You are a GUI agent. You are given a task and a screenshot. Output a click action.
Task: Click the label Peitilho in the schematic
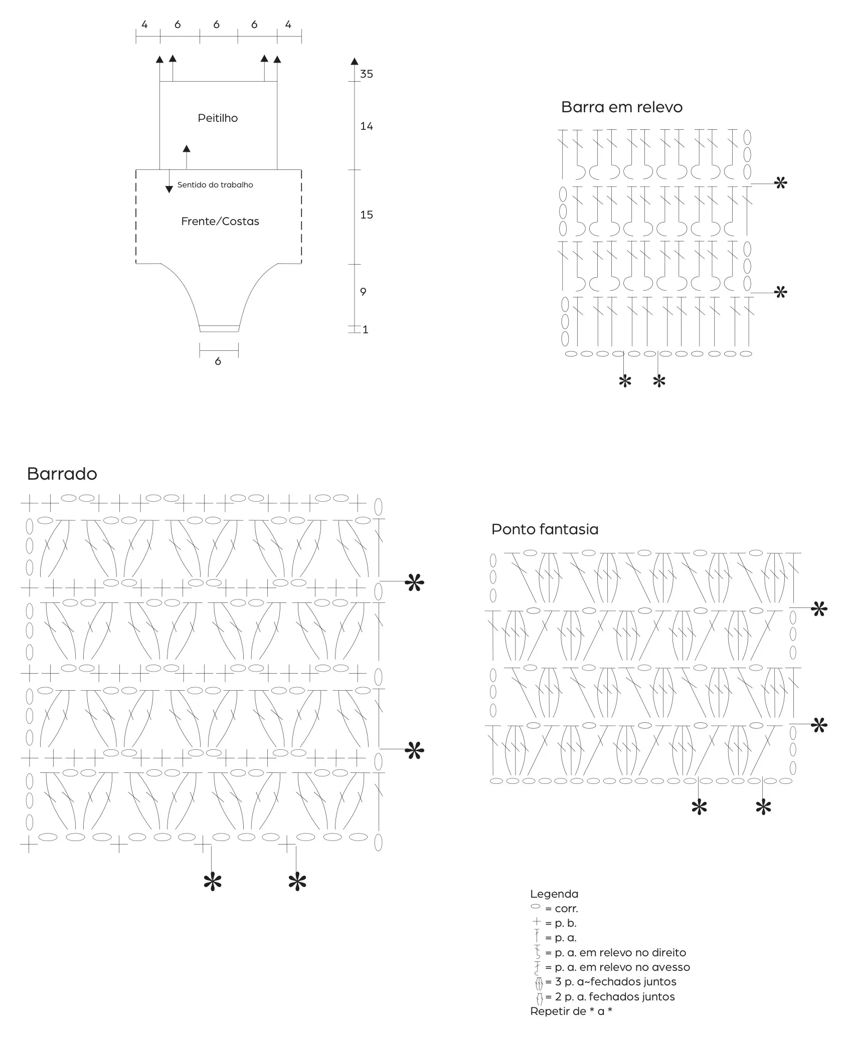pos(218,118)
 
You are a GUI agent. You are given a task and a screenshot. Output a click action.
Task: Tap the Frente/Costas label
pos(220,222)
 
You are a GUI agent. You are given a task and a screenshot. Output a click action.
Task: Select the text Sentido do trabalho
pos(215,185)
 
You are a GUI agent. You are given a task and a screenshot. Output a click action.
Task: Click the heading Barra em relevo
pos(622,107)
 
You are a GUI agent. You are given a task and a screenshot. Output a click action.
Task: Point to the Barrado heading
pos(62,474)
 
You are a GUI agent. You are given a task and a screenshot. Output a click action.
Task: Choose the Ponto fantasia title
pos(545,529)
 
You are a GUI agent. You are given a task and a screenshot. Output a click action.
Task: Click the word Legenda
pos(554,894)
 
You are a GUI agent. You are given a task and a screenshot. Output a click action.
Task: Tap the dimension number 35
pos(367,74)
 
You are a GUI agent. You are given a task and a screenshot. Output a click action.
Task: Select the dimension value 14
pos(367,126)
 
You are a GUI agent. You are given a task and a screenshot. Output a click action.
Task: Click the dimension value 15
pos(367,215)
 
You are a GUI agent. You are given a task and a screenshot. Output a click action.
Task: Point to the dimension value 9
pos(363,292)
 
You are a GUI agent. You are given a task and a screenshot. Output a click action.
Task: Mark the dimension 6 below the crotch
pos(218,361)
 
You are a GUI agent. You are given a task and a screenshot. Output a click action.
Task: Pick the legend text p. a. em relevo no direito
pos(620,953)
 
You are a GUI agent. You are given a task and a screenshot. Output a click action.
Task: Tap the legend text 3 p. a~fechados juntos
pos(616,982)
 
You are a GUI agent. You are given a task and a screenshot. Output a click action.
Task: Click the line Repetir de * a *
pos(571,1011)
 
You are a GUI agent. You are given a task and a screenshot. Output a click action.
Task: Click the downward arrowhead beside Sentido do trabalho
pos(169,189)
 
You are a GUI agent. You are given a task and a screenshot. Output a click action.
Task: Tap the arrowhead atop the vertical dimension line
pos(355,62)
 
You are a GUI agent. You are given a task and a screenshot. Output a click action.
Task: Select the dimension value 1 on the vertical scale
pos(365,330)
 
